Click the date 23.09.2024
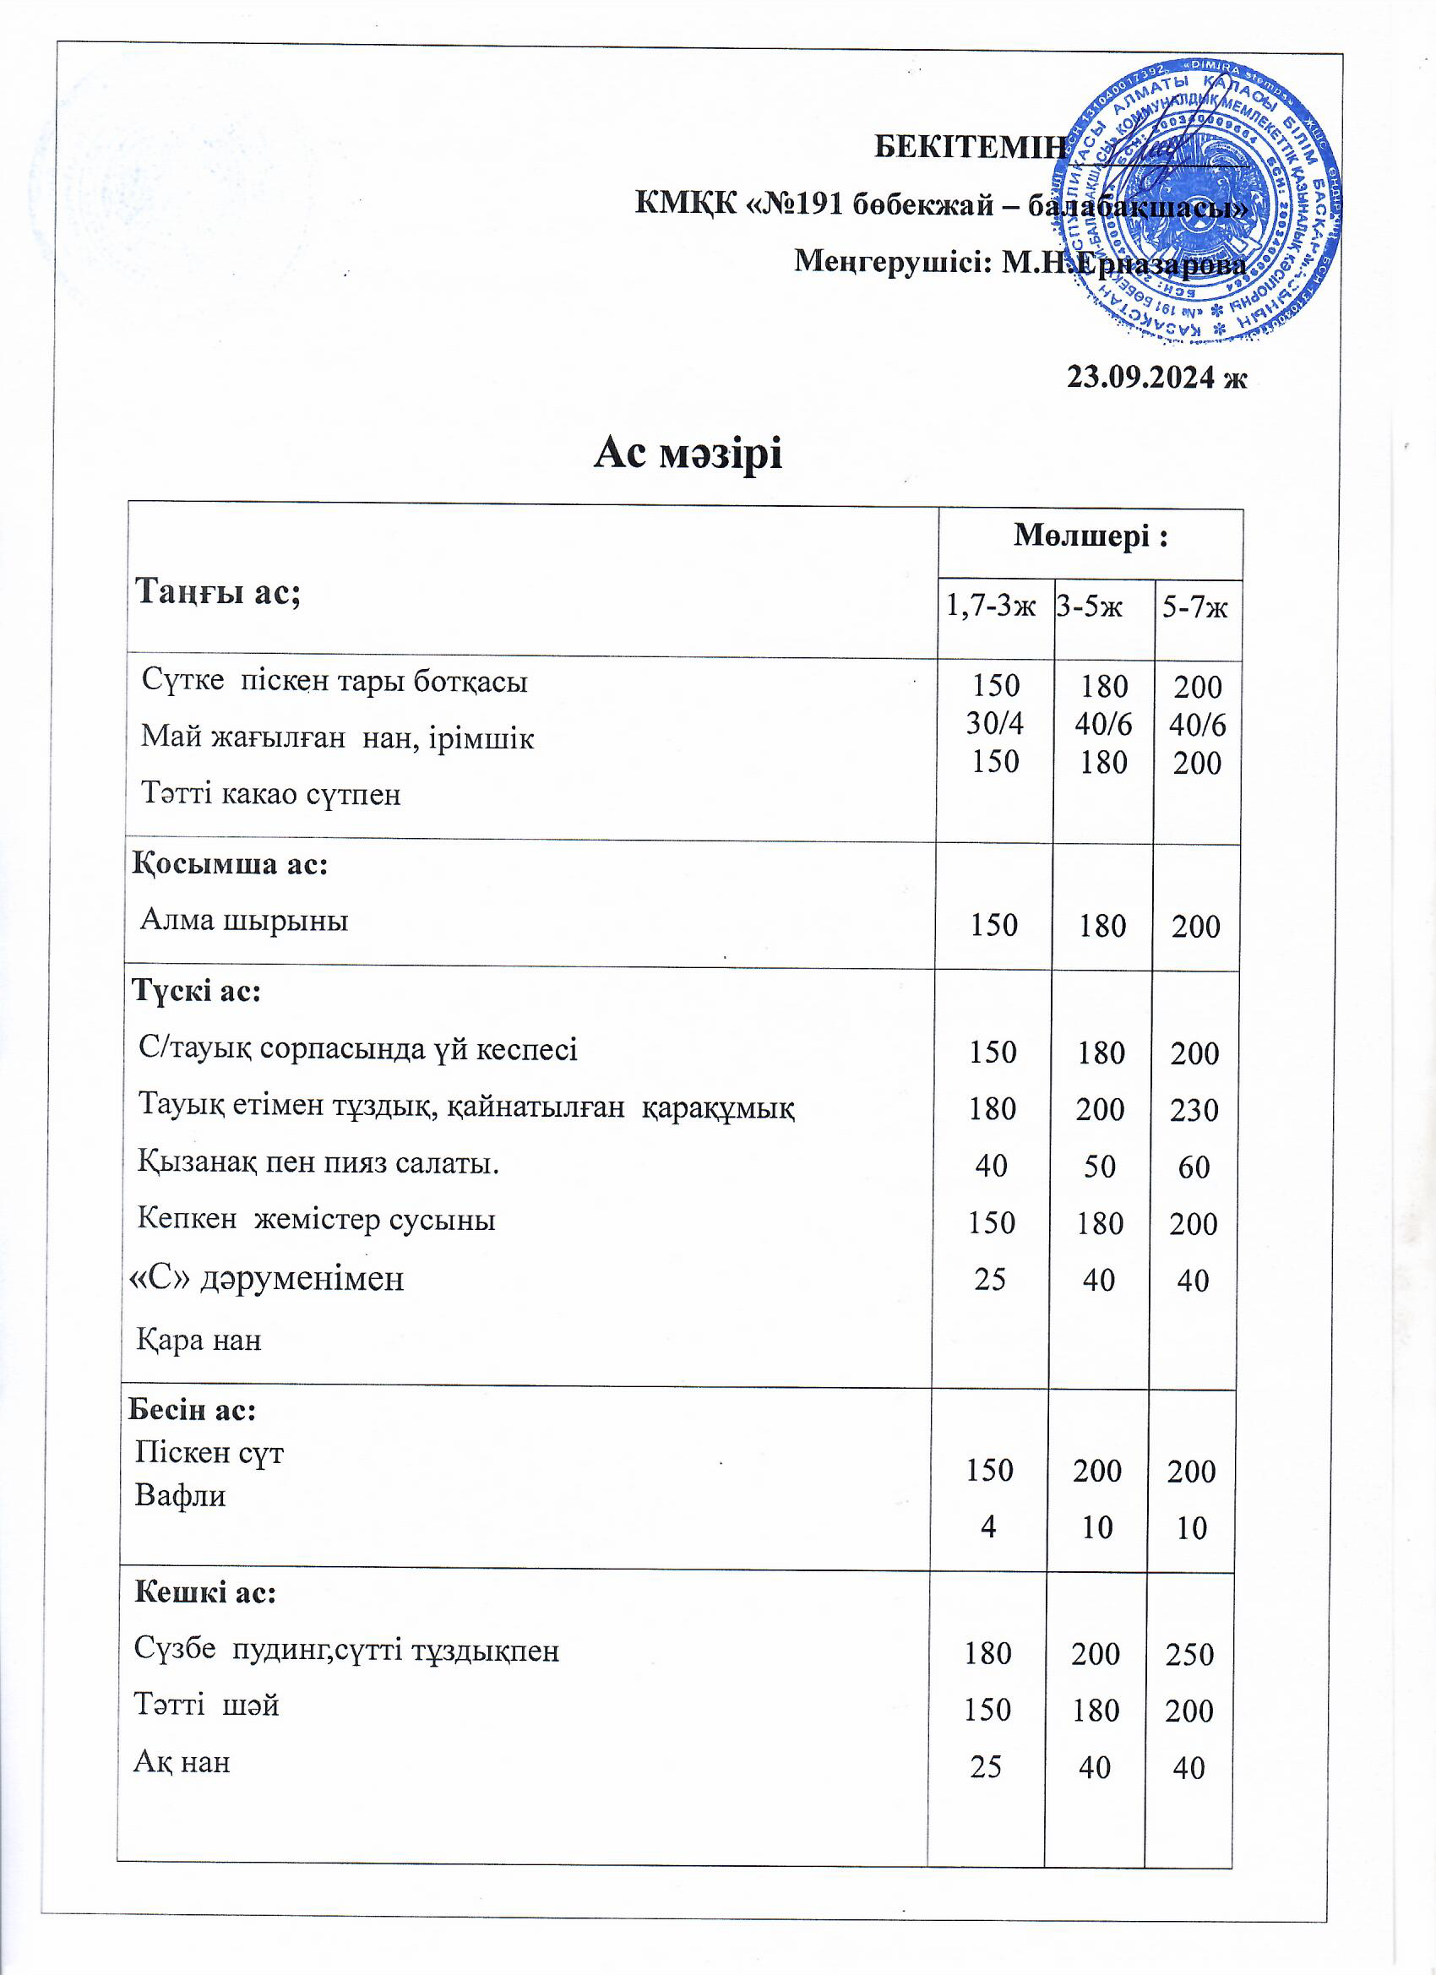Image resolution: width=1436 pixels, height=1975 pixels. pos(1156,377)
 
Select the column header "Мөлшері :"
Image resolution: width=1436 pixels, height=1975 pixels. pos(1090,537)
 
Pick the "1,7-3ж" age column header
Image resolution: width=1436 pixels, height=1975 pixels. pos(991,606)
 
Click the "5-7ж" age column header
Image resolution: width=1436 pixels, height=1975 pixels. pos(1194,607)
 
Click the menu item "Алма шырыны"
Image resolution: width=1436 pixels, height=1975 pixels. pos(244,920)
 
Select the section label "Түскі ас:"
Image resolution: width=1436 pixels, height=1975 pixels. pos(196,991)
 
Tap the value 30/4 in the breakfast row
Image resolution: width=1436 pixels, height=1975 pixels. pos(994,724)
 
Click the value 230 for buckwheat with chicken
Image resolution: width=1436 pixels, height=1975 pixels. pos(1193,1109)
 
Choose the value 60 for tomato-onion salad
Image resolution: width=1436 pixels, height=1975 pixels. pos(1193,1167)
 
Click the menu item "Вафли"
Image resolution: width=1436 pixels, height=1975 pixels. pos(180,1496)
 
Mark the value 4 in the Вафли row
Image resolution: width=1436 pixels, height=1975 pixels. pos(988,1526)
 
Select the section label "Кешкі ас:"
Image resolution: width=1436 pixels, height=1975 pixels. pos(204,1592)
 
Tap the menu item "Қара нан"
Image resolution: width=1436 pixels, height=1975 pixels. pos(199,1339)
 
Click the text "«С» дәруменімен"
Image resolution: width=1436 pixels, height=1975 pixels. pos(266,1278)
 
